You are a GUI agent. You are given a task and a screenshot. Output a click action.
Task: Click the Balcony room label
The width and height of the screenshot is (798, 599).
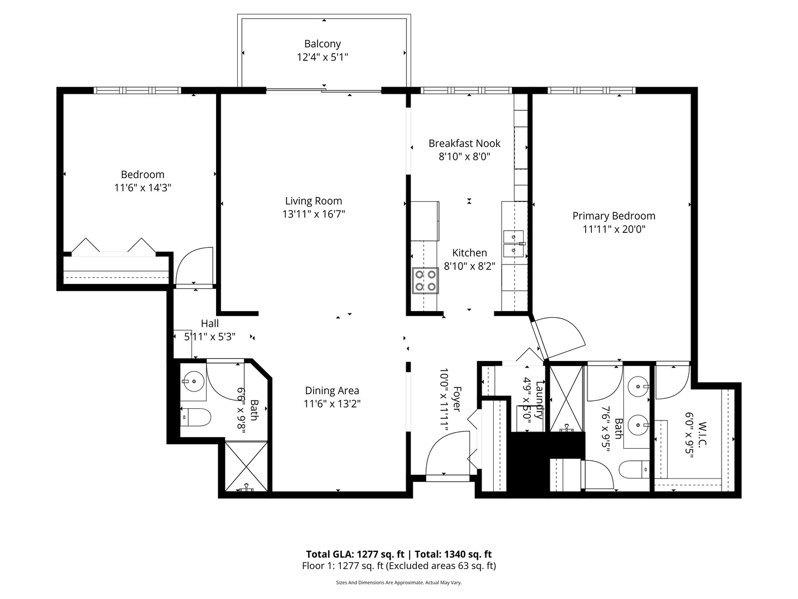point(322,44)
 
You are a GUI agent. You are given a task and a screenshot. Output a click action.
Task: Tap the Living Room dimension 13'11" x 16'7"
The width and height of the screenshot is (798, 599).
point(314,214)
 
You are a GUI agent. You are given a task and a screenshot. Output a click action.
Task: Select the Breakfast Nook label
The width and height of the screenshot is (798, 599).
point(464,143)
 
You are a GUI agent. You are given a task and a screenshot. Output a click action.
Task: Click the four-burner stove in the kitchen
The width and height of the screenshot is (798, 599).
point(424,280)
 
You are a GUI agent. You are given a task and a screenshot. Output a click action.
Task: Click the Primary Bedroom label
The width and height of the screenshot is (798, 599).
point(613,216)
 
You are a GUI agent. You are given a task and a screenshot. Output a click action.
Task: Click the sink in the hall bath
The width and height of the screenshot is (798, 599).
point(192,381)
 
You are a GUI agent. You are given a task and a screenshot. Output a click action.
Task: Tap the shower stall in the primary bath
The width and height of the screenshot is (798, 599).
point(566,398)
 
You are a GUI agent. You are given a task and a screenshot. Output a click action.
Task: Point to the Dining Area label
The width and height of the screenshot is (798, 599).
point(332,390)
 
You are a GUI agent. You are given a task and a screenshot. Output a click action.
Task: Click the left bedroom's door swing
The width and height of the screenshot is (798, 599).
point(194,267)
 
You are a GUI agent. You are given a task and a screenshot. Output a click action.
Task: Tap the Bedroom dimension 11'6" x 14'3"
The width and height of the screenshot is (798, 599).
point(142,188)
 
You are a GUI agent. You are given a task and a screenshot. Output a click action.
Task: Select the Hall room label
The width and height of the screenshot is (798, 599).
point(209,323)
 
